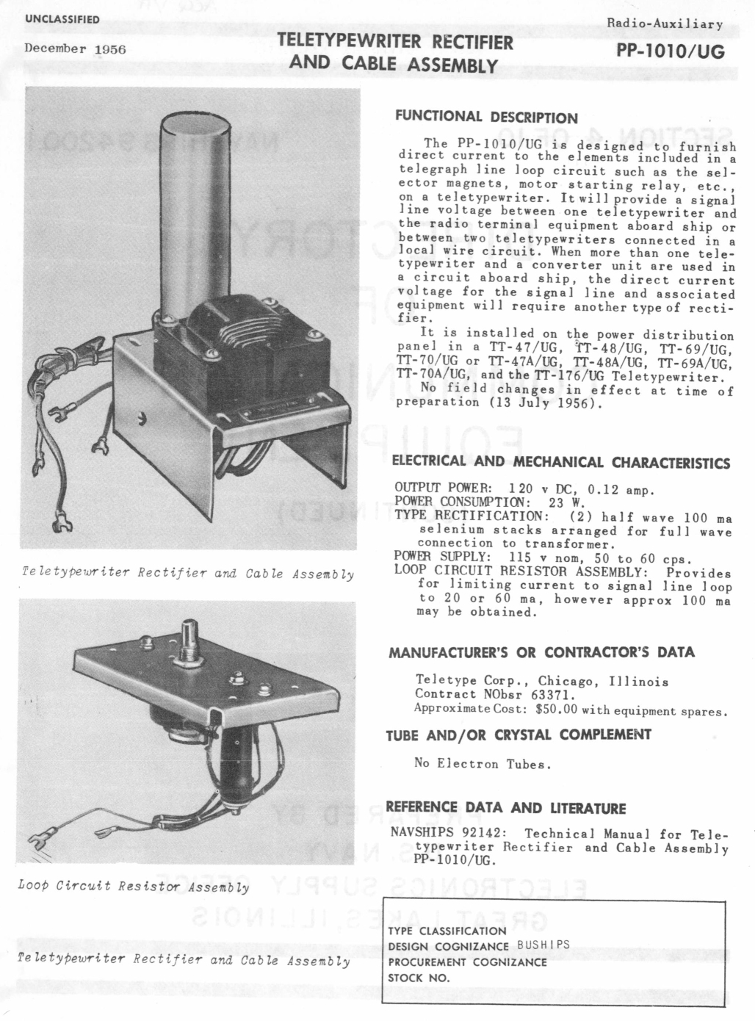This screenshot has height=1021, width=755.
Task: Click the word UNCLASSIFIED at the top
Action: (62, 19)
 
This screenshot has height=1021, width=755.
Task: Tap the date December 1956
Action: (76, 48)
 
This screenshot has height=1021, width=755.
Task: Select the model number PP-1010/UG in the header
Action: (671, 51)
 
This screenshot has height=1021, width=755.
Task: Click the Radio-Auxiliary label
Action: (665, 24)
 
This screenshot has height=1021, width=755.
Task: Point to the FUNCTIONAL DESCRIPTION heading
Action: (486, 118)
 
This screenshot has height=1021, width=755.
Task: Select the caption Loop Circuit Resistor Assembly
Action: (132, 887)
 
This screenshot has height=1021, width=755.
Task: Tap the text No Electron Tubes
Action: (482, 764)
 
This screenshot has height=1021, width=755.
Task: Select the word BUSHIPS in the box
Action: (543, 945)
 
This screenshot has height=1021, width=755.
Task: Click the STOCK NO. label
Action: (419, 978)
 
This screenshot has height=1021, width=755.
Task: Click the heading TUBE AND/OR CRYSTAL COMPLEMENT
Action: (519, 735)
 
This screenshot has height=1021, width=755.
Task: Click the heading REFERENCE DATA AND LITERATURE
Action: (506, 809)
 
